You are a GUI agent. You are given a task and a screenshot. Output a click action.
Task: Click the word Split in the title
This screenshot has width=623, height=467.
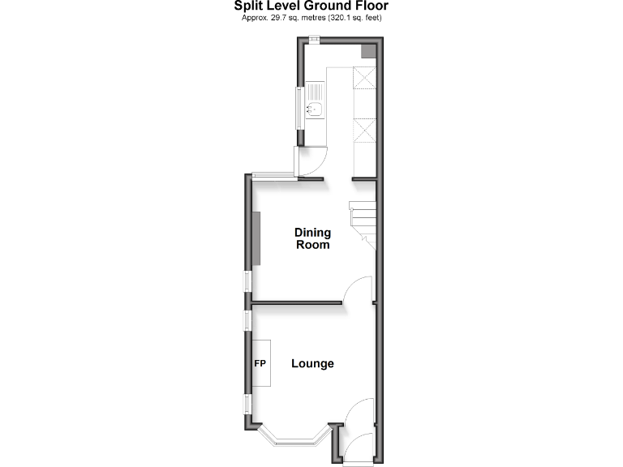tap(248, 6)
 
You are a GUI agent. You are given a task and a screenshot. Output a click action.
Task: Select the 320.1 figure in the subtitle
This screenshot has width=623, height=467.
tap(341, 18)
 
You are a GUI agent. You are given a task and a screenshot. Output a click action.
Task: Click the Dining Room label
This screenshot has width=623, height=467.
tap(312, 238)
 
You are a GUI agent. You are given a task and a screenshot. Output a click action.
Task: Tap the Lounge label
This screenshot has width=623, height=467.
tap(312, 364)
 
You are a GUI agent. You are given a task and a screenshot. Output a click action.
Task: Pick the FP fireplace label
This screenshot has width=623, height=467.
tap(261, 364)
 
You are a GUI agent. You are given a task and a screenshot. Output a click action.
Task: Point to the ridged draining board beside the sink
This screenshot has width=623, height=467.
tap(315, 91)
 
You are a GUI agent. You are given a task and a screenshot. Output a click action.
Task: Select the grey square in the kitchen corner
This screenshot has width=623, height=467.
tap(367, 51)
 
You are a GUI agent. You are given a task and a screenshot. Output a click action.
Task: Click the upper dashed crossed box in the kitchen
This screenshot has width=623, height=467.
tap(364, 77)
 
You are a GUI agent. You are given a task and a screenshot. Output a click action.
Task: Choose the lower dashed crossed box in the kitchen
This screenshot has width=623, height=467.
tap(364, 131)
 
